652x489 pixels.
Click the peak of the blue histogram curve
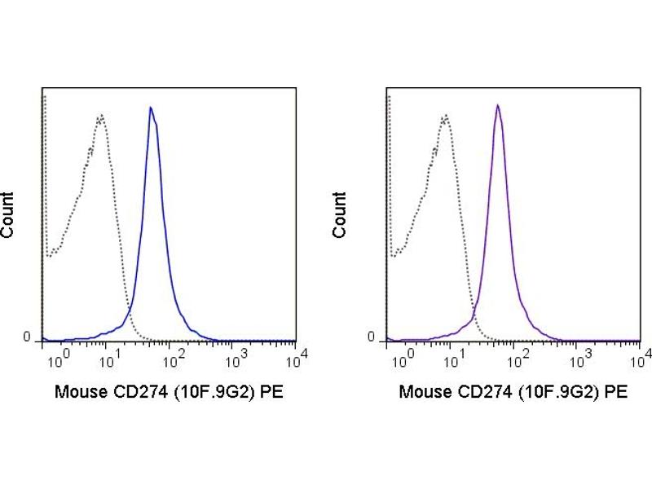[151, 108]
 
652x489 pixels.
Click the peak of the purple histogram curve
[497, 105]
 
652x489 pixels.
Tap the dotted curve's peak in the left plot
[101, 115]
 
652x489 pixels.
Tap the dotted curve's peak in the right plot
[445, 116]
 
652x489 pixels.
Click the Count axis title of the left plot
[8, 215]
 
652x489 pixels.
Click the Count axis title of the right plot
[340, 215]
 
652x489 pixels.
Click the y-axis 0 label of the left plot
[26, 337]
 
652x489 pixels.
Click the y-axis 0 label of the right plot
[371, 337]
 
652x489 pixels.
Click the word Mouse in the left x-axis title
[78, 392]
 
